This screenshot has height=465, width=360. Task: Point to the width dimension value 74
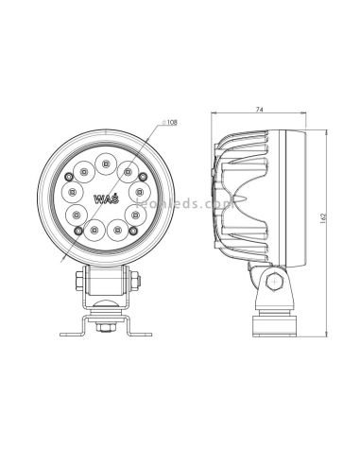(x=260, y=112)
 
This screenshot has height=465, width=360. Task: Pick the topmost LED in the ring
(x=105, y=154)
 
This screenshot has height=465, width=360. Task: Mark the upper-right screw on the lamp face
(x=141, y=176)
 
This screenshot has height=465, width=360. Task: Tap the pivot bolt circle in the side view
(x=273, y=280)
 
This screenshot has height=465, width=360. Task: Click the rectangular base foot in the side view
(x=274, y=326)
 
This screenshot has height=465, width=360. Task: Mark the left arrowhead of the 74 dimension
(x=214, y=117)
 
